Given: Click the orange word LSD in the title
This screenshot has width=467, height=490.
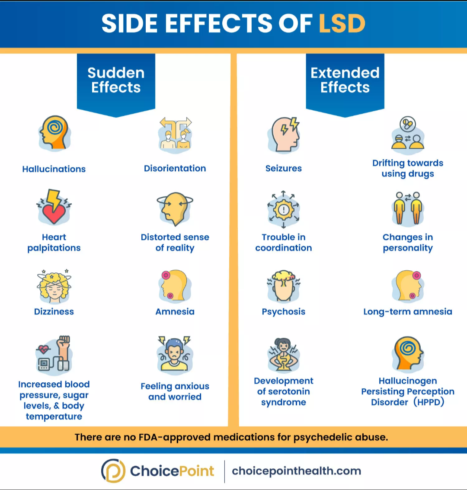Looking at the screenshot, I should (x=342, y=23).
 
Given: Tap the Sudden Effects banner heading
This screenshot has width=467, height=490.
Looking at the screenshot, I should (x=116, y=80).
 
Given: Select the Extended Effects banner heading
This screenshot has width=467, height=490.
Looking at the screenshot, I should (x=345, y=80).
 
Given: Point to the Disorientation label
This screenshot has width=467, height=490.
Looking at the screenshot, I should (x=175, y=168).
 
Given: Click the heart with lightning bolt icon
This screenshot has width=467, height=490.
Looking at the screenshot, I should (x=54, y=207).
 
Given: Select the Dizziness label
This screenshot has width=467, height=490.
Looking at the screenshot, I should (x=54, y=311).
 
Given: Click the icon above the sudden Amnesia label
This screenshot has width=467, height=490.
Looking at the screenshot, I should (x=174, y=285).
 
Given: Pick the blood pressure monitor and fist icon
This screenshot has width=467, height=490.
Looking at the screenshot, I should (x=54, y=354).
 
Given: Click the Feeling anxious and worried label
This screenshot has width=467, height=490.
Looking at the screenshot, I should (x=175, y=391).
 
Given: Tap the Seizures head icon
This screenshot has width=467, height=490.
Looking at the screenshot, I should (x=284, y=135).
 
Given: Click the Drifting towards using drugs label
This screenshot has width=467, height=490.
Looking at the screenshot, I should (x=408, y=168).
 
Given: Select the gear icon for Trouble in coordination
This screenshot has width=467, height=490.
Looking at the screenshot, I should (x=284, y=210).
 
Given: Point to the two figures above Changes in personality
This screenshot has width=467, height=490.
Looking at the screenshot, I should (x=408, y=208).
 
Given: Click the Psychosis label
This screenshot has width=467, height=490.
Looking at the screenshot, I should (x=284, y=311).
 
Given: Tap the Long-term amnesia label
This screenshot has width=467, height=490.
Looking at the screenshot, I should (x=408, y=311).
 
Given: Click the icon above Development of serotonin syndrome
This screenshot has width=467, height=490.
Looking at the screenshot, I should (x=284, y=355).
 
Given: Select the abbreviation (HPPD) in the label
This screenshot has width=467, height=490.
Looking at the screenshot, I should (x=429, y=402).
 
